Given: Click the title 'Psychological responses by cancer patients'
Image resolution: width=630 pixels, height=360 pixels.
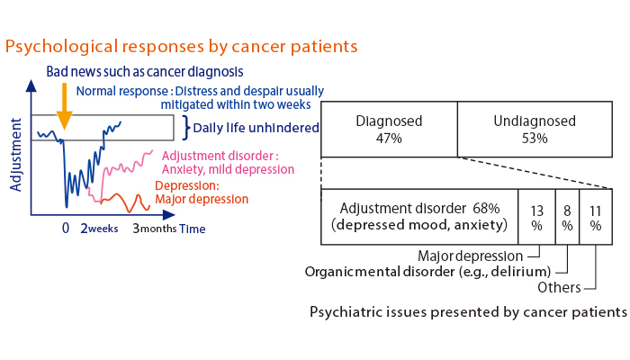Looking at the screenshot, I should coord(182,45).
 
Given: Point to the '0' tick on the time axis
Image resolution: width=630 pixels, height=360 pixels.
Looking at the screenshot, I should coord(65,229).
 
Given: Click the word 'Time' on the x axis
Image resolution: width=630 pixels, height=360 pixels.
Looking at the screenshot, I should coord(192,229).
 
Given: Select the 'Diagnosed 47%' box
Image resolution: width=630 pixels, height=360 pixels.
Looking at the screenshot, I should coord(389,130).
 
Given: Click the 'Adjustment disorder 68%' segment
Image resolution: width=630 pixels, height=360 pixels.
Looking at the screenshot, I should coord(419,217).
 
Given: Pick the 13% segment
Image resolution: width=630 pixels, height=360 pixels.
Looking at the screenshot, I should coord(536,217).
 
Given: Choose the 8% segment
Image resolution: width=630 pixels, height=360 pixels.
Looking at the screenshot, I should coord(567,217).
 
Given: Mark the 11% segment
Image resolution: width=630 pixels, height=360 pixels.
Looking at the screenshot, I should coord(596,217).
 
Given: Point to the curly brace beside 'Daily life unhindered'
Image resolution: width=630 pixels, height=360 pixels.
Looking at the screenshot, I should coord(186,128).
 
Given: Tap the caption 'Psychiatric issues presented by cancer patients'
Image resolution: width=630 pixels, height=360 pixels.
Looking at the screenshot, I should coord(467,312).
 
